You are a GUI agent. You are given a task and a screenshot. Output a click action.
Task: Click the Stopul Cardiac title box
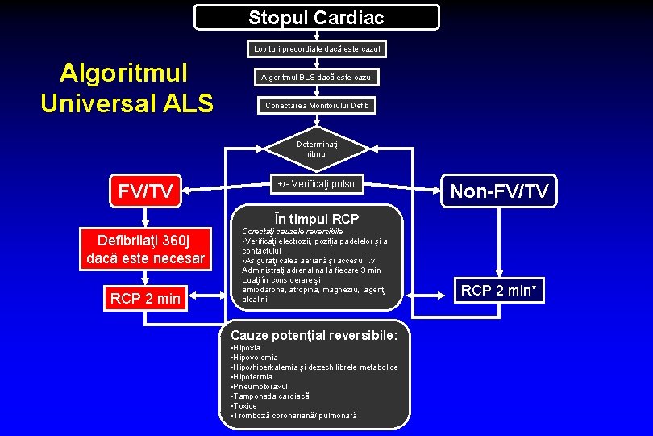point(317,18)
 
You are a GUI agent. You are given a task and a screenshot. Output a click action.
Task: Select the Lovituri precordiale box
point(317,50)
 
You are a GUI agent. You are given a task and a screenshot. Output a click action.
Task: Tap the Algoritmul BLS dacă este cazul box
point(317,78)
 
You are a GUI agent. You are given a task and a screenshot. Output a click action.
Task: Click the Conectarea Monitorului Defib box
point(317,106)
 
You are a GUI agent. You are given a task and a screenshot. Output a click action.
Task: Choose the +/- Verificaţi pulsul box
point(317,184)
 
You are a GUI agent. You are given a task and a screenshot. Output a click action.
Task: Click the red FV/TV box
point(146,191)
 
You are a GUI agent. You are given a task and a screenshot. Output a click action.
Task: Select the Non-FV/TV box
point(499,191)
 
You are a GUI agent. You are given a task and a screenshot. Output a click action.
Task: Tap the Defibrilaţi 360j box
point(145,249)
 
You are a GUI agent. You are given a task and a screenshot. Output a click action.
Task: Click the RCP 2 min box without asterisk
point(145,299)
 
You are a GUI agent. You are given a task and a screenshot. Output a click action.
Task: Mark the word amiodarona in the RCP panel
point(264,290)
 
